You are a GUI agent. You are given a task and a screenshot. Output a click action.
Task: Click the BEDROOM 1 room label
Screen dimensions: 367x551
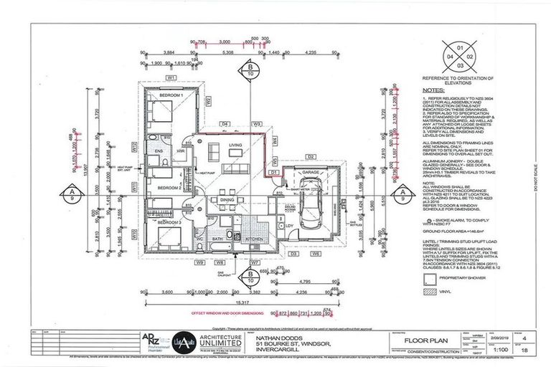[171, 95]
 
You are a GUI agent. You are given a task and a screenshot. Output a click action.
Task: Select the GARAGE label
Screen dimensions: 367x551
[309, 172]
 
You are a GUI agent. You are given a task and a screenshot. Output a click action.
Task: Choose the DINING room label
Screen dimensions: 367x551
[227, 200]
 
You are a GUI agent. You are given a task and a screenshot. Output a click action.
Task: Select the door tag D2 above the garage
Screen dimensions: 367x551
[311, 156]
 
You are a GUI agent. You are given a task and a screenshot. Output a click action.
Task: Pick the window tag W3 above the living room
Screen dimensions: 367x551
[257, 124]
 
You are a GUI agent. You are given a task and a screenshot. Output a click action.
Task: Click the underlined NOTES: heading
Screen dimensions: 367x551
[432, 91]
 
